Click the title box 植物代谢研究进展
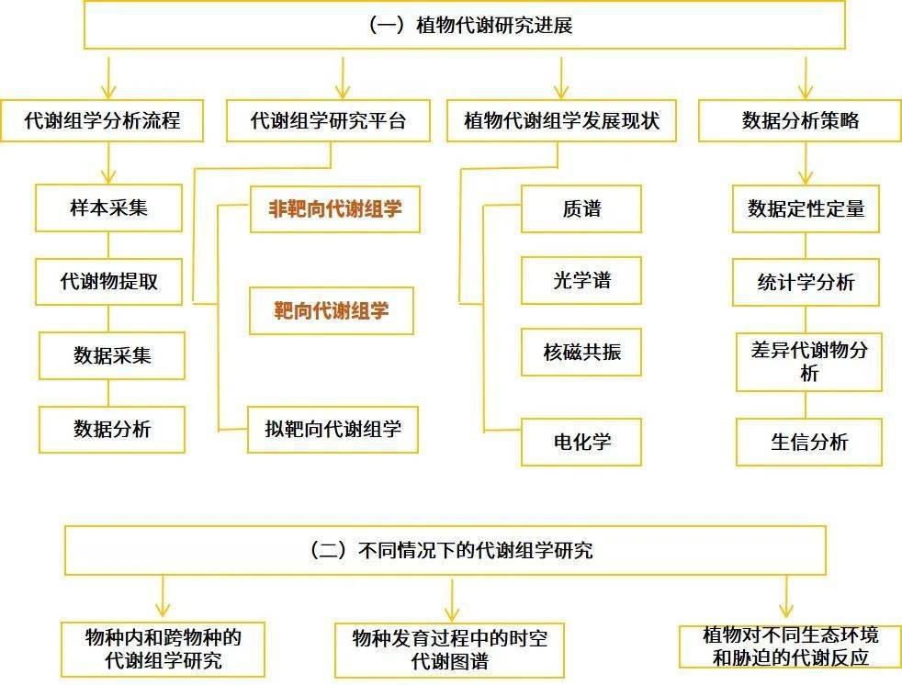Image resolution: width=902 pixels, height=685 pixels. [x=465, y=26]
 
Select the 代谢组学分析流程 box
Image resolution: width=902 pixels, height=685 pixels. [x=102, y=121]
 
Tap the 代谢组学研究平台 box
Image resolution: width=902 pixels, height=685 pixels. [x=328, y=121]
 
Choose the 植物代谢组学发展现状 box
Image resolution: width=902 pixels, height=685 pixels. [x=561, y=121]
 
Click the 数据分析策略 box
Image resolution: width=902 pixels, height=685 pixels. [x=800, y=121]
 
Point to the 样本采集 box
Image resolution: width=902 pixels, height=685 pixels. [x=108, y=208]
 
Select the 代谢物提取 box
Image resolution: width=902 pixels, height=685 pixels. [x=108, y=281]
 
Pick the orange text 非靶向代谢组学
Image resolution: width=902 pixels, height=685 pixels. [x=334, y=208]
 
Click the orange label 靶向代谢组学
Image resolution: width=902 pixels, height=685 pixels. [x=332, y=310]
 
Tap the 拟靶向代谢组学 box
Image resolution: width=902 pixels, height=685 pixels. [x=333, y=429]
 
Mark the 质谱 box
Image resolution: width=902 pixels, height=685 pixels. [x=581, y=208]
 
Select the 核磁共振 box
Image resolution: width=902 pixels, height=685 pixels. [x=581, y=352]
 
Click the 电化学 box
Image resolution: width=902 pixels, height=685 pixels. [x=581, y=442]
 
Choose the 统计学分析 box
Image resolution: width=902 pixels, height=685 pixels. [x=806, y=283]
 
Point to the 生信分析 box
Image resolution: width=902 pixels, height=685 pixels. [x=809, y=442]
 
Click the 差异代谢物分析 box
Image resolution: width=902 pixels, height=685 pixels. [x=809, y=362]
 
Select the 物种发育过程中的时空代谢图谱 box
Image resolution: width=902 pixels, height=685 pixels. [x=449, y=650]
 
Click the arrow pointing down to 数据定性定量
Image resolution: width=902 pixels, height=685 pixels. [x=806, y=163]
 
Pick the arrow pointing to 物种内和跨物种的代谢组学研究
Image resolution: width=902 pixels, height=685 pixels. [x=163, y=597]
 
